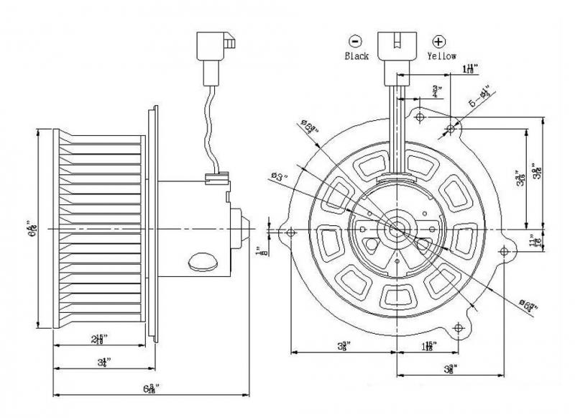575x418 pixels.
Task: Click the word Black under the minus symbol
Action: coord(357,55)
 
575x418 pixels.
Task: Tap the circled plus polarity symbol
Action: coord(437,41)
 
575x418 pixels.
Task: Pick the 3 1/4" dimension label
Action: coord(104,362)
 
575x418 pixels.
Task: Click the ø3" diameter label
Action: coord(277,175)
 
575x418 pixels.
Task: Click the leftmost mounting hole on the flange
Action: coord(290,233)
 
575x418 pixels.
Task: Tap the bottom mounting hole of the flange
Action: coord(455,329)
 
